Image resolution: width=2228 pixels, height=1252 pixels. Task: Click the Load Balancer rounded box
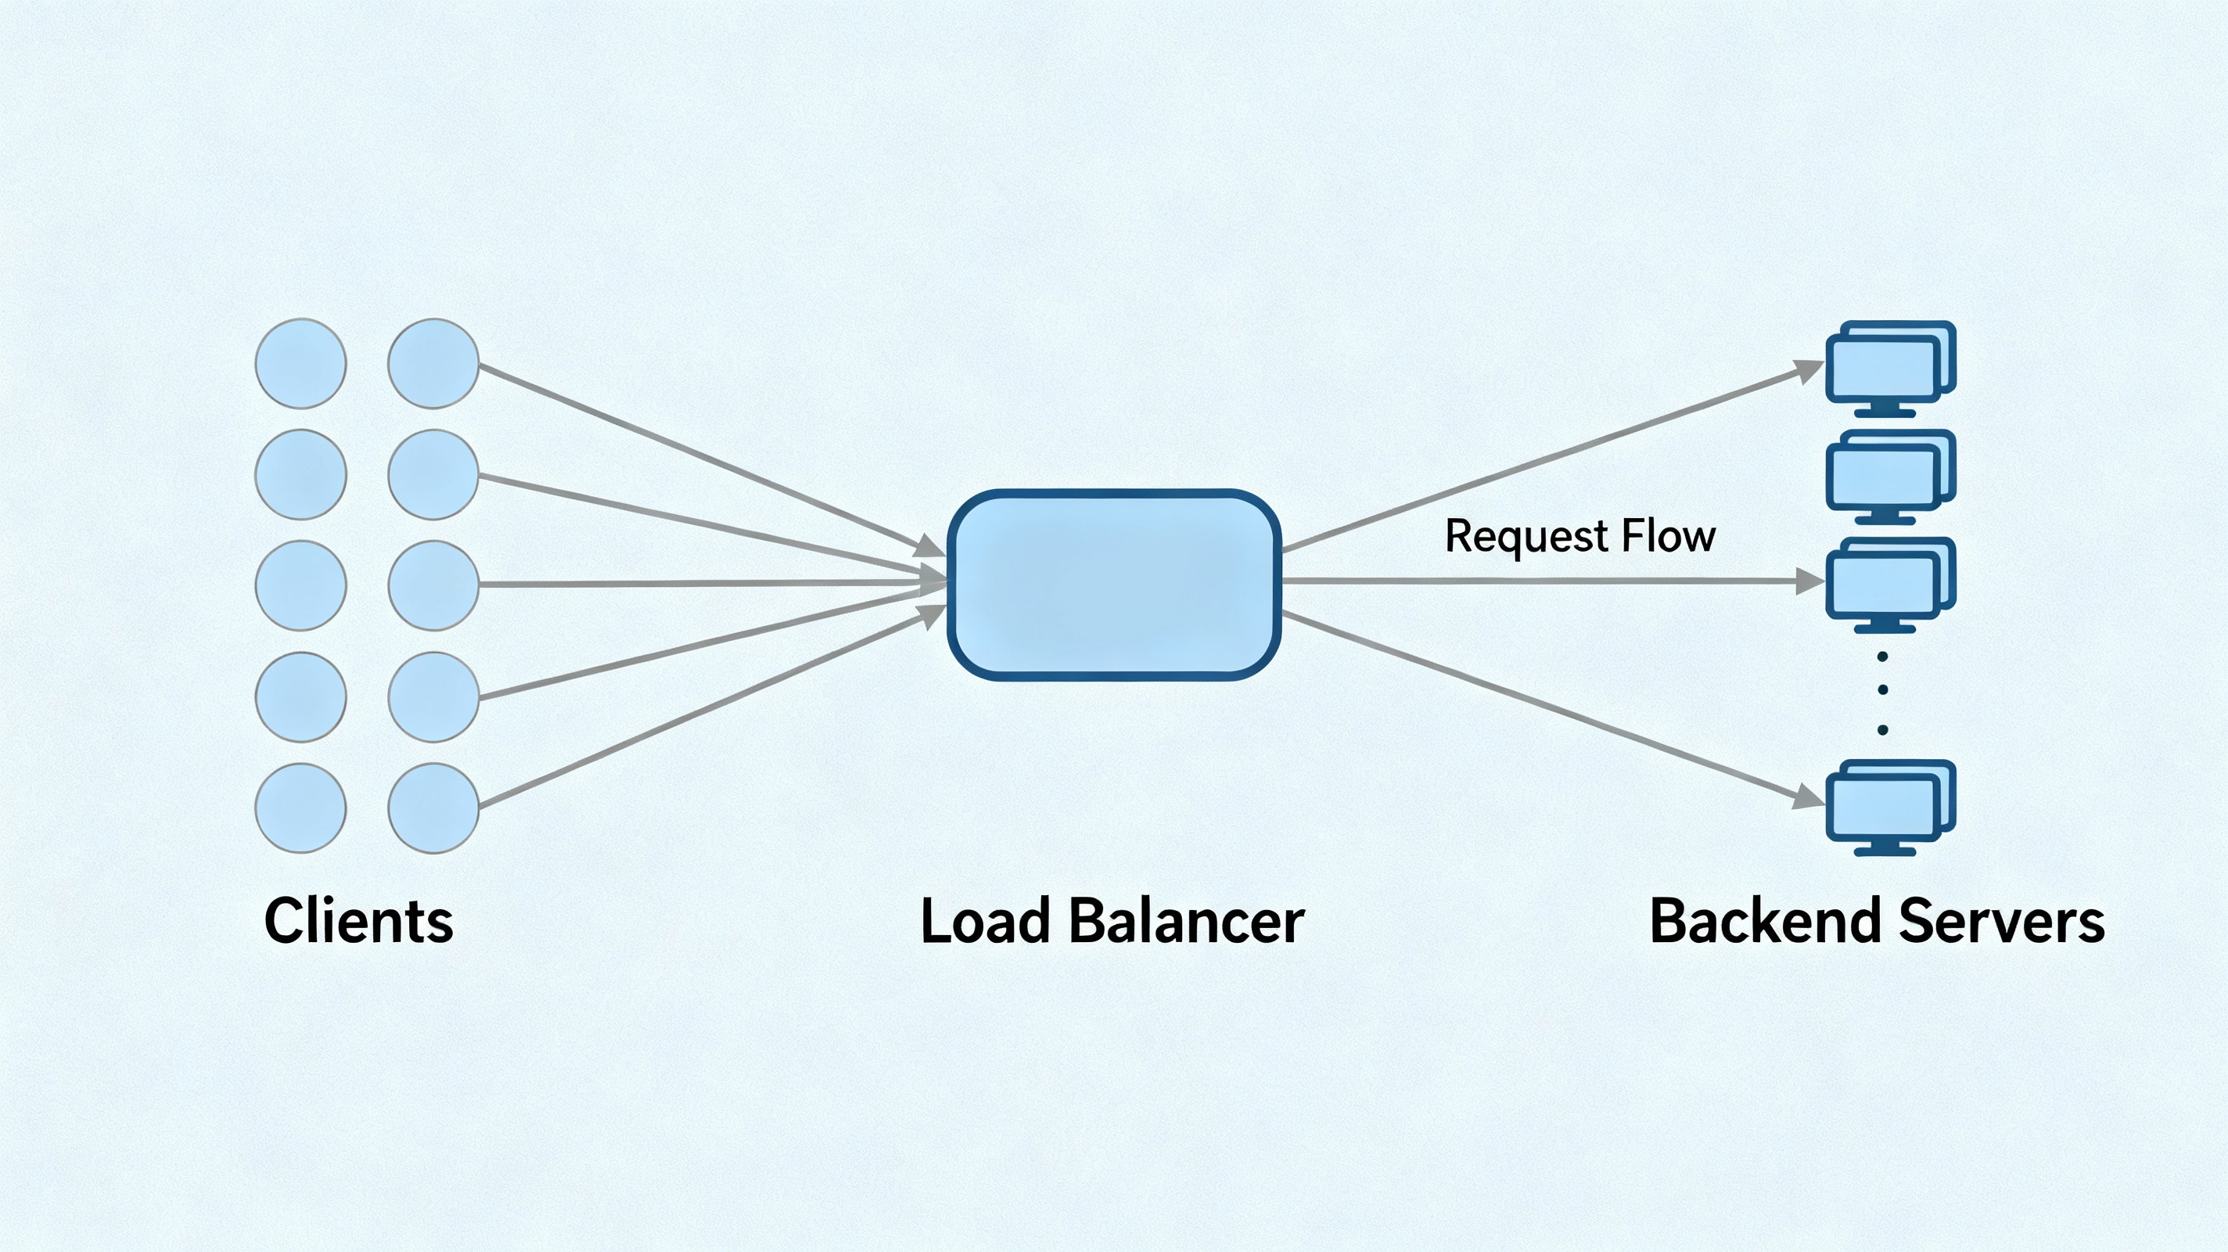[x=1114, y=585]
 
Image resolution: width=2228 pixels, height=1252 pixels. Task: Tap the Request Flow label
[x=1580, y=537]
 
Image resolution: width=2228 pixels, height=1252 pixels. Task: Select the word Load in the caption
[x=985, y=921]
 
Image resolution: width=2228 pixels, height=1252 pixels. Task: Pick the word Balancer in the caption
[x=1187, y=921]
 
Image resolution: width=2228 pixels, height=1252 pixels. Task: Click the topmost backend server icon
[x=1891, y=369]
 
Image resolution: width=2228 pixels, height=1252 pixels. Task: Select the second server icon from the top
[x=1891, y=477]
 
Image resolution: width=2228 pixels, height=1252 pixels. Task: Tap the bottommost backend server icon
[x=1891, y=808]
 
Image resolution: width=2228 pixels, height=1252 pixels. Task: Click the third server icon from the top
[x=1891, y=585]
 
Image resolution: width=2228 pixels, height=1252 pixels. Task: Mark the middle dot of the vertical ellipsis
[x=1883, y=690]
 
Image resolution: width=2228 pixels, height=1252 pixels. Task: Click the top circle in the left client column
[x=301, y=363]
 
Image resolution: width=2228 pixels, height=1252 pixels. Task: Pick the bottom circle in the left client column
[x=301, y=808]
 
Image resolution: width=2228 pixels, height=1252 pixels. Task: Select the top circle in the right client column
[x=433, y=363]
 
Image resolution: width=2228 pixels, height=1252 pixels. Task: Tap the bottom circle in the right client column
[x=433, y=808]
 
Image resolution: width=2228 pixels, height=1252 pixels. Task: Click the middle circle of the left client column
[x=301, y=586]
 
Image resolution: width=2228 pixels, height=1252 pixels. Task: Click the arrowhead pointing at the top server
[x=1809, y=371]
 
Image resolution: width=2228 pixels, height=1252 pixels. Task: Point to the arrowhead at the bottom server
[x=1809, y=797]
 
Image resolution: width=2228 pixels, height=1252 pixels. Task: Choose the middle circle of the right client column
[x=433, y=586]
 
